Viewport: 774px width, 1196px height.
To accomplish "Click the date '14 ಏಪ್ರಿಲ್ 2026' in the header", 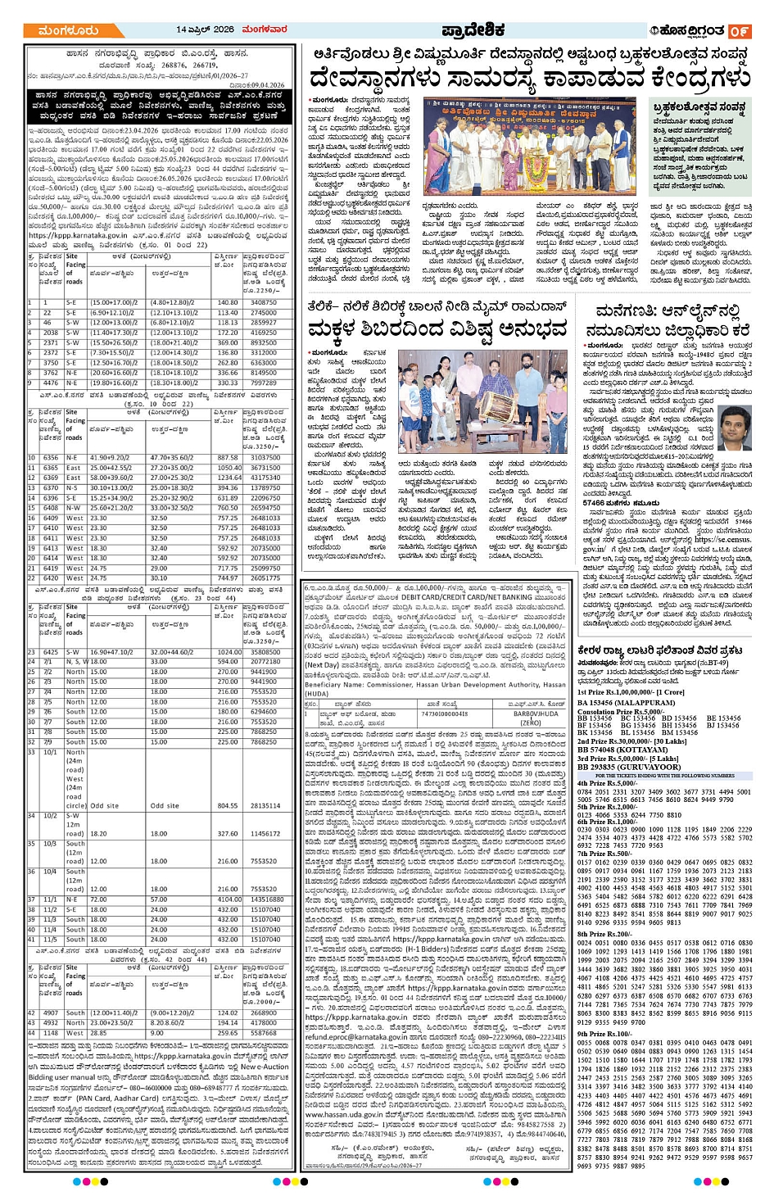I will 205,29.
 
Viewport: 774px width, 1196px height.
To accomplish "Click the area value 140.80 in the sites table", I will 228,303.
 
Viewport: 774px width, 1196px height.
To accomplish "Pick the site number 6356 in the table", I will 51,458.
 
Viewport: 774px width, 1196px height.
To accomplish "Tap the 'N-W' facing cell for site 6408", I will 74,508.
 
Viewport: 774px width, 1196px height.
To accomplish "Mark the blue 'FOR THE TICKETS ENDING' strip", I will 664,775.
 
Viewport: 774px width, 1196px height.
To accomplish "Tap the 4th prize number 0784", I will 584,792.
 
